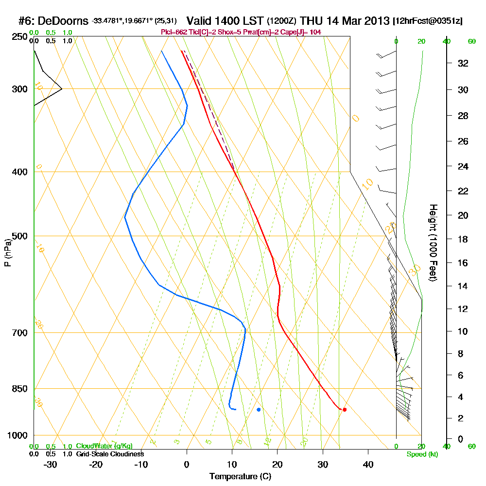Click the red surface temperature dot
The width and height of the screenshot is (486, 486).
(x=345, y=410)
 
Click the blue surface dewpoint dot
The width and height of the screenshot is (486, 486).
(x=259, y=410)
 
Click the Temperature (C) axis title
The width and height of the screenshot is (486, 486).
(x=241, y=477)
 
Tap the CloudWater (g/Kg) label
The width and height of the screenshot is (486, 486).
(x=104, y=446)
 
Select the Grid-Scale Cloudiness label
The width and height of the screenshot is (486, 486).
(x=109, y=454)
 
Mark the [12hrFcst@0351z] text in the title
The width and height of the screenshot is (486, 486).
(x=429, y=21)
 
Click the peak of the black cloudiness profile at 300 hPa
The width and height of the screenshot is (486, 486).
(x=62, y=89)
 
